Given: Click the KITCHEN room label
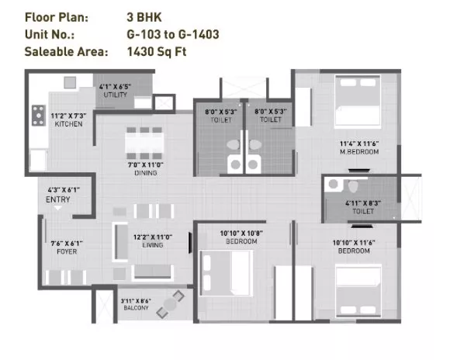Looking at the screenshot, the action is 68,124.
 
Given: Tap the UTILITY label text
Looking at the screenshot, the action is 115,95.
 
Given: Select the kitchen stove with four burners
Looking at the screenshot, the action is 39,116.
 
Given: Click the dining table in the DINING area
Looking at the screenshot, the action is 144,143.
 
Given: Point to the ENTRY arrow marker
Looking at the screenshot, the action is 58,208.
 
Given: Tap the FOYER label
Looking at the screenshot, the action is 67,252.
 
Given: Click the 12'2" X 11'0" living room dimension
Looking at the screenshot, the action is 153,237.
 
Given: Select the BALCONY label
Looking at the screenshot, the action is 136,308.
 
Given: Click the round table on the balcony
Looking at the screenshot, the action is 170,304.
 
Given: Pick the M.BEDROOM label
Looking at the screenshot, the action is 359,152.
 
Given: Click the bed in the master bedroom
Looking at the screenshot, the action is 358,100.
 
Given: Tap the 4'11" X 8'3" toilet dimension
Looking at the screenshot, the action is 363,203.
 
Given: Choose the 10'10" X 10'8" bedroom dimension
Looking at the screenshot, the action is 241,233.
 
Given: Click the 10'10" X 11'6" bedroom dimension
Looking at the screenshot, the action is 354,243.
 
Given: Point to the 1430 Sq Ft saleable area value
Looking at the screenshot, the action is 157,52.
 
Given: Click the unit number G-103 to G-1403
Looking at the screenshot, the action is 173,34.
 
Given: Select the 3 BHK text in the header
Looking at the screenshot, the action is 144,17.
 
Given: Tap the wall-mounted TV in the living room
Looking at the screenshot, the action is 190,243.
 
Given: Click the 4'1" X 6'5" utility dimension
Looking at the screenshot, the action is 115,86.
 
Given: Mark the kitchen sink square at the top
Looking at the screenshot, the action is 70,83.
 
